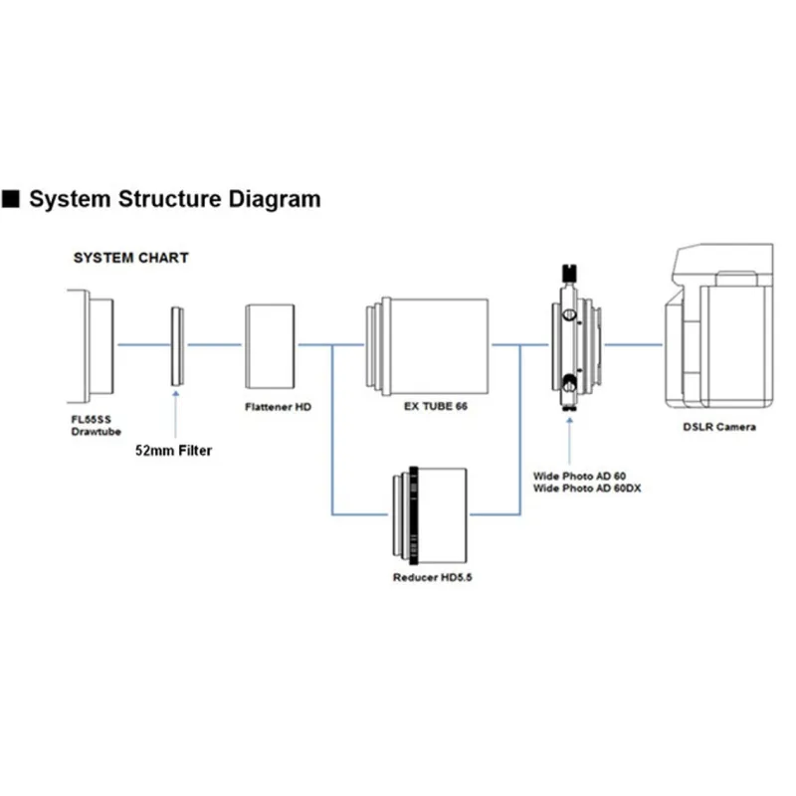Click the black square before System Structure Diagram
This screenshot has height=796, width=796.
coord(12,199)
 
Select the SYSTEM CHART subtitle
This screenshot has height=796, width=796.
coord(130,258)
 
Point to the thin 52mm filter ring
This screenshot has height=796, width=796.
coord(176,344)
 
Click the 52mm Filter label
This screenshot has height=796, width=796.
coord(174,450)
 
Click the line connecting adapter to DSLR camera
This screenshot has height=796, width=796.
coord(634,345)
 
